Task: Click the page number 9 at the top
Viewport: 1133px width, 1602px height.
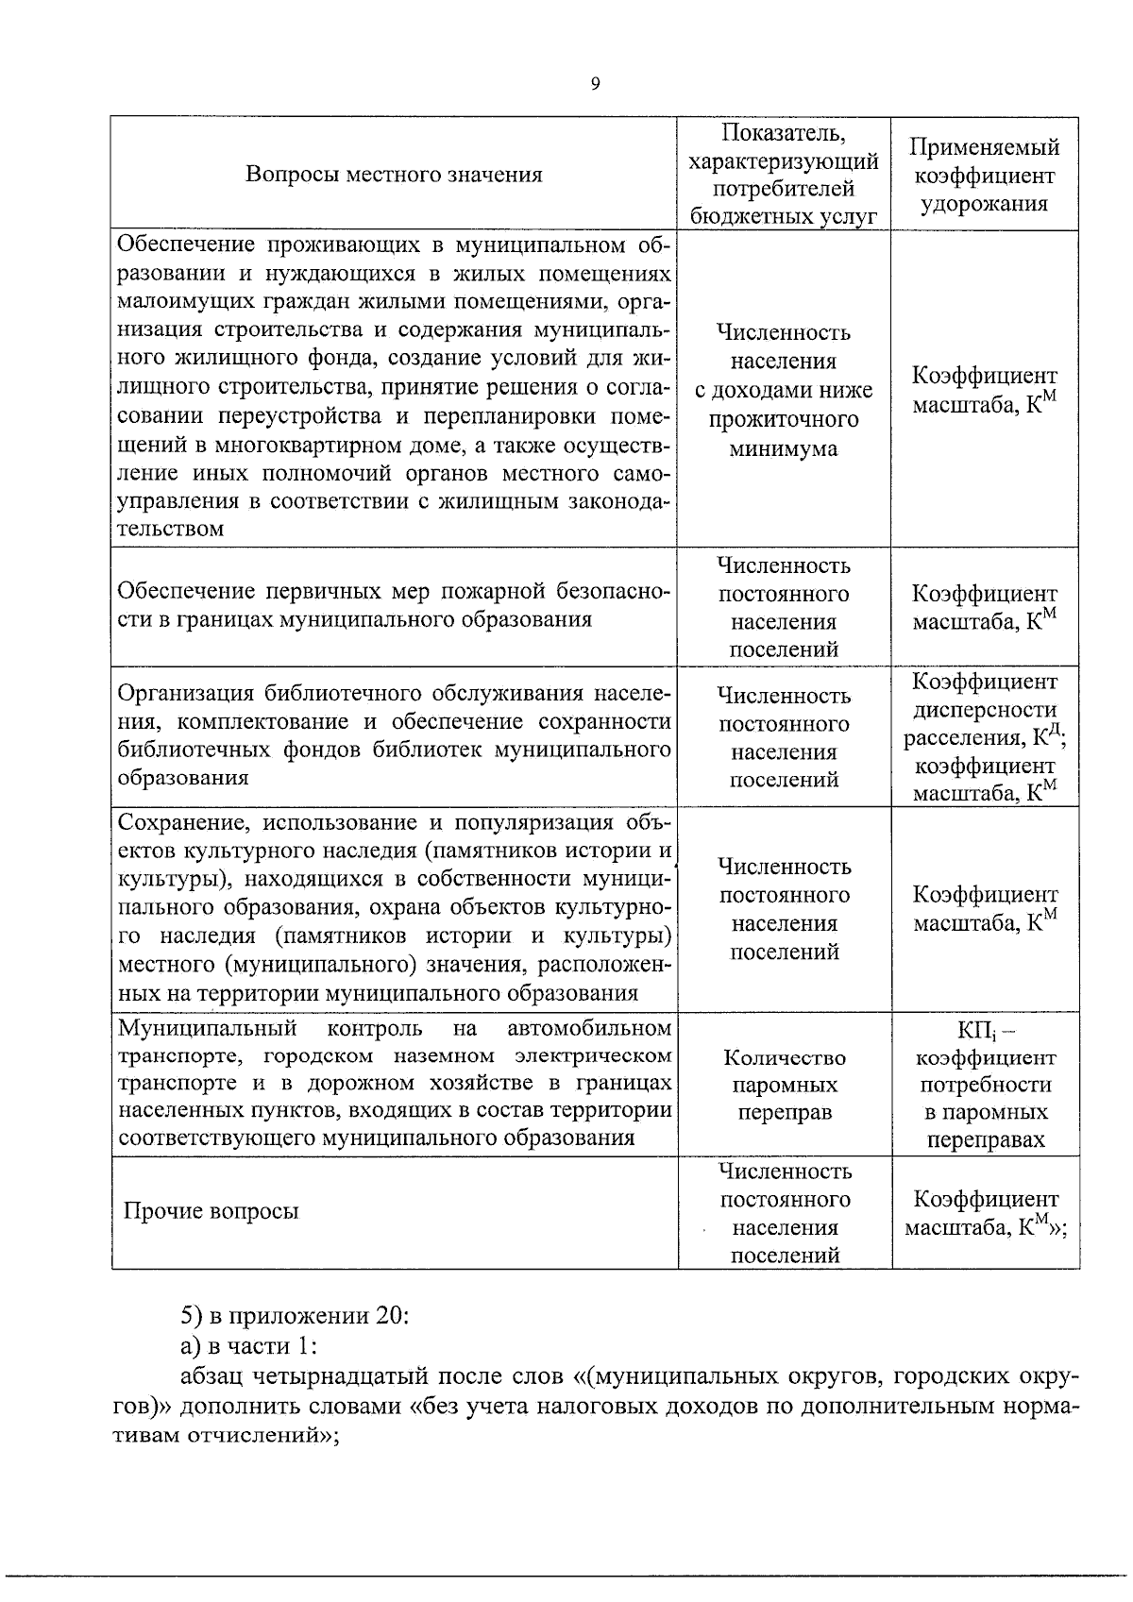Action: coord(595,85)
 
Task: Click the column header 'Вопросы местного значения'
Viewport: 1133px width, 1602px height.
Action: coord(394,175)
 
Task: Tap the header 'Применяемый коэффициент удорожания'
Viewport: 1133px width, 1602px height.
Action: coord(984,175)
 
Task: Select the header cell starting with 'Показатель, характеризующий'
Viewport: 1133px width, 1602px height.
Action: coord(784,173)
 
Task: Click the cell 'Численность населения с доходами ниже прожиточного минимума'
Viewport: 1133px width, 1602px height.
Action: coord(784,390)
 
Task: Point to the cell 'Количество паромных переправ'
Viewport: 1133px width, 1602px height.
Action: coord(784,1085)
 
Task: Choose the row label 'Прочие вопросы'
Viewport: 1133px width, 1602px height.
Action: coord(211,1211)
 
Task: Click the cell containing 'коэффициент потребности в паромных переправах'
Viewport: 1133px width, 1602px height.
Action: coord(985,1085)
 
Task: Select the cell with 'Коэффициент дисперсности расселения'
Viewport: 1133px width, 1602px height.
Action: coord(985,736)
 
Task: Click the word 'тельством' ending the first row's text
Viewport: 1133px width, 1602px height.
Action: coord(171,529)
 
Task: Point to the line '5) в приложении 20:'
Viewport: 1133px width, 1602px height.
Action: coord(295,1316)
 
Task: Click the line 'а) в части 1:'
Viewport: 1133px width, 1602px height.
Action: coord(250,1345)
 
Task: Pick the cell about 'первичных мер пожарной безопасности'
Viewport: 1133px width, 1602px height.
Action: coord(394,605)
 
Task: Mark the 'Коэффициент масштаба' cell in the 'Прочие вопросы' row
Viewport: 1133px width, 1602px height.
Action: coord(985,1213)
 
